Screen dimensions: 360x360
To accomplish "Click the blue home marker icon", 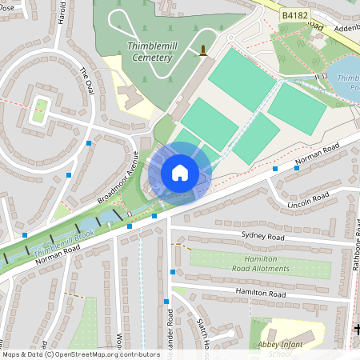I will (180, 172).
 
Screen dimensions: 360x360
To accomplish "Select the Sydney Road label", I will (262, 238).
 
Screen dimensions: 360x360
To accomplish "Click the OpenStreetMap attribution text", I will (81, 354).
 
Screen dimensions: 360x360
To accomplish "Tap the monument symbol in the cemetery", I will (203, 51).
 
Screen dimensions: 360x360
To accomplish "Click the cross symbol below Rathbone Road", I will (356, 329).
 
